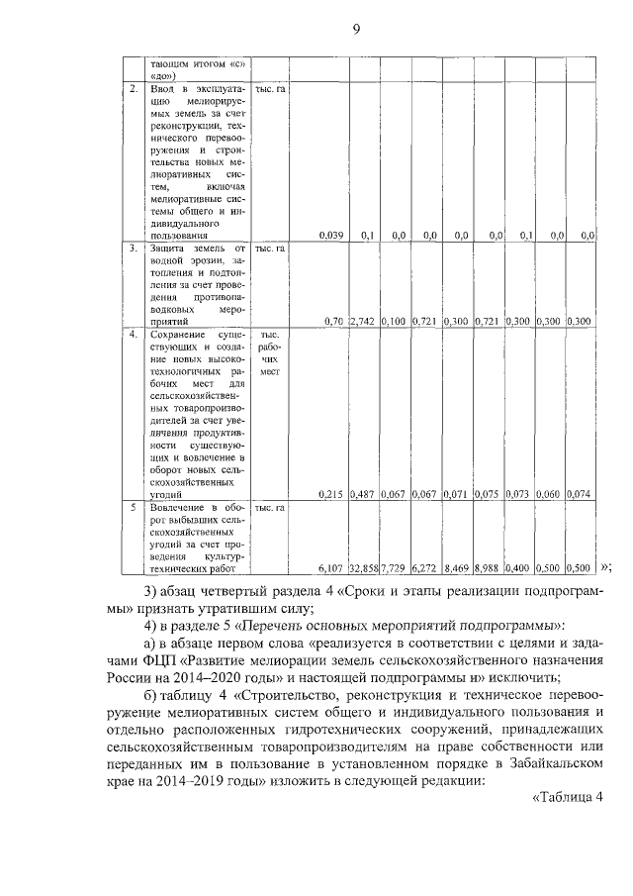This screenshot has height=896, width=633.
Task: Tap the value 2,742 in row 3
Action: [x=364, y=322]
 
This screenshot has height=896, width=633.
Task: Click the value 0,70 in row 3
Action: [x=333, y=322]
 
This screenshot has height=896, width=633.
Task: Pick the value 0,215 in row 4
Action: [x=331, y=493]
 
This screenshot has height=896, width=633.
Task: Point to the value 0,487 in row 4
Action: [x=364, y=493]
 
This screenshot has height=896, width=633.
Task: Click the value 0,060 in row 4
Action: [x=550, y=493]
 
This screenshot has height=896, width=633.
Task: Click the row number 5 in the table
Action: [x=133, y=508]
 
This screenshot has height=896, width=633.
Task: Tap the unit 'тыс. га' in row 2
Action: [x=271, y=89]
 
